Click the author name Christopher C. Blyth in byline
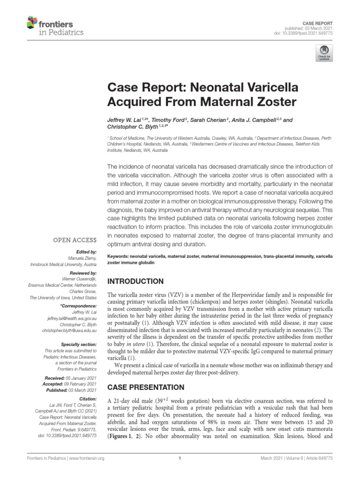point(132,127)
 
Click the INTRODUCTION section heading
point(136,281)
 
